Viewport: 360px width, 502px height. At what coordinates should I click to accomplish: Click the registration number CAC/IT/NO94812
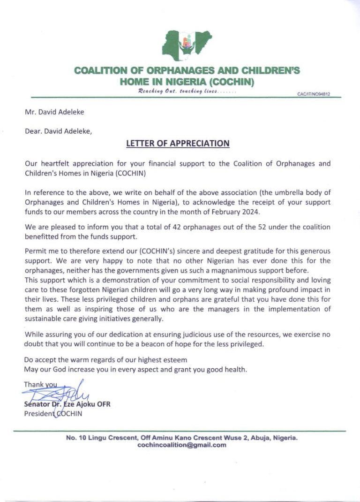(x=314, y=94)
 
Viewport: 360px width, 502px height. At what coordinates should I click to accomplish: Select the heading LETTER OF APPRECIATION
(x=178, y=143)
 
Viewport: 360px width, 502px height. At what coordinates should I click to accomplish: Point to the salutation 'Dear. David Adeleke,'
(x=58, y=131)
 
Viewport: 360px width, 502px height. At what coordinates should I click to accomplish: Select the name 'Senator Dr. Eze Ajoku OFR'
(x=67, y=405)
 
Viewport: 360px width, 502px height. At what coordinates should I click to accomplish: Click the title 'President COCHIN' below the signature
(x=53, y=413)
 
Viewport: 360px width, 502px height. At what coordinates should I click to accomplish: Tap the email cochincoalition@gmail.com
(x=182, y=445)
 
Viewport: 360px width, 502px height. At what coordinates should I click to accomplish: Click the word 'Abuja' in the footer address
(x=255, y=437)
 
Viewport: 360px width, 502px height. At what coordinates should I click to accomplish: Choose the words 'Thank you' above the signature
(x=40, y=385)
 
